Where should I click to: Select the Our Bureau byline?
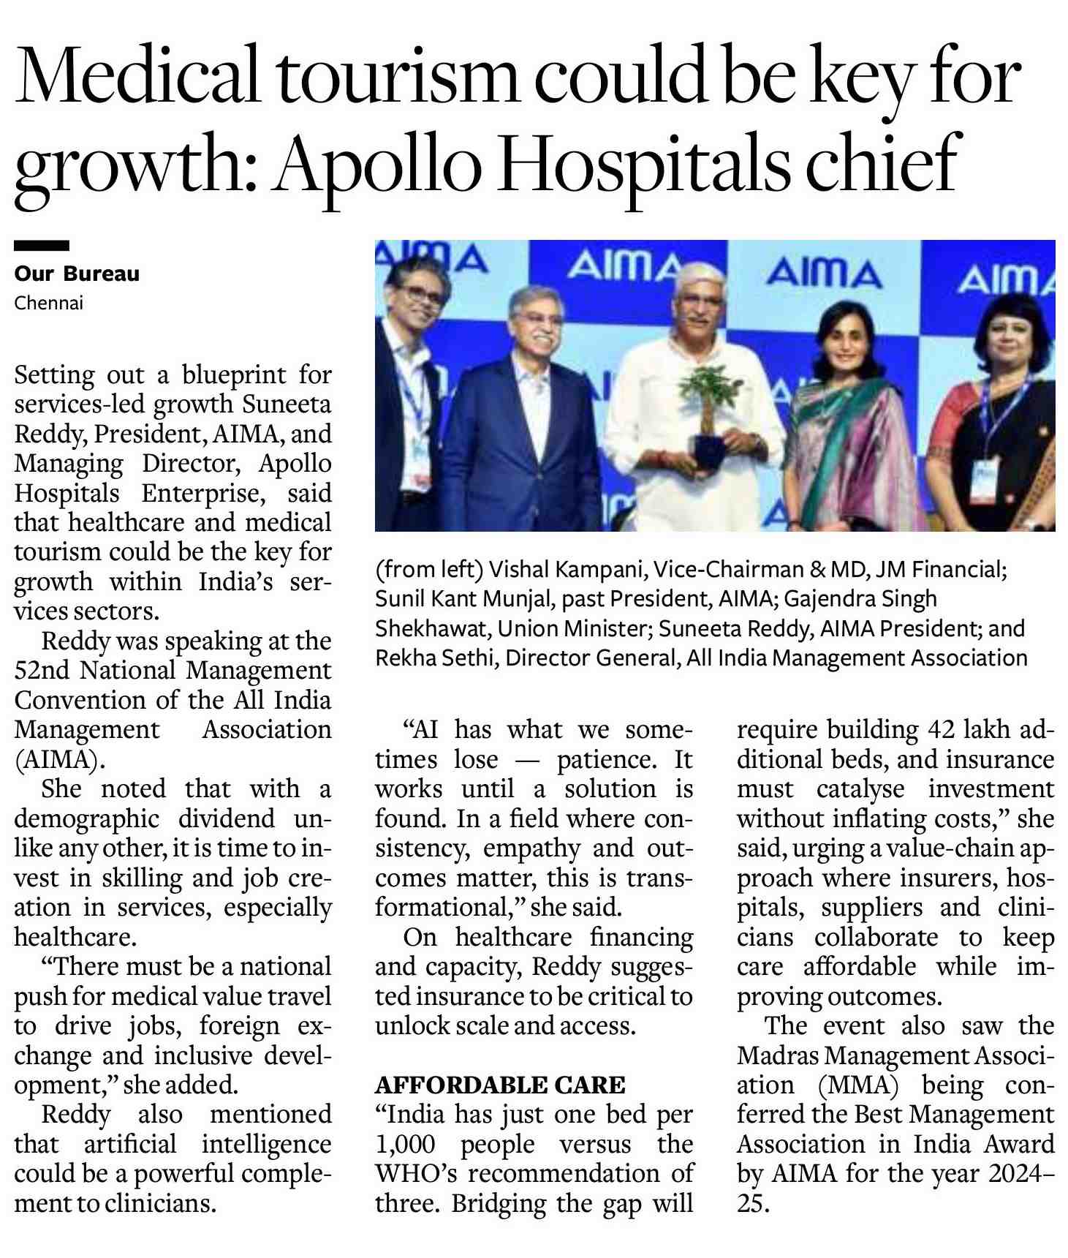point(77,274)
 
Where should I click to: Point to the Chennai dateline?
point(49,303)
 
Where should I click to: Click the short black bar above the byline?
point(42,246)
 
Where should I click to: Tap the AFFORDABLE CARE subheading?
point(500,1085)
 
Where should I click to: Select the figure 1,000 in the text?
point(405,1144)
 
